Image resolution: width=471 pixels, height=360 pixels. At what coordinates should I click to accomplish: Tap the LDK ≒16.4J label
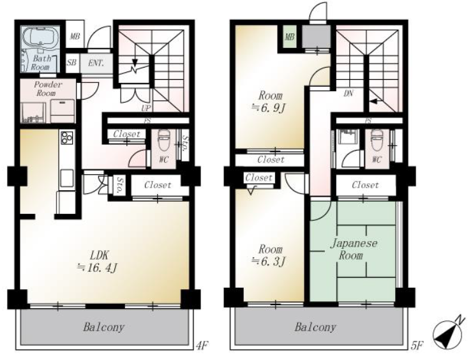coord(98,262)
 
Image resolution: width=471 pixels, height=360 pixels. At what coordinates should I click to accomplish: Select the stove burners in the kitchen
coord(67,137)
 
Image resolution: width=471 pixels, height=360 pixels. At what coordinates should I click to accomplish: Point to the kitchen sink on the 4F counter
coord(66,178)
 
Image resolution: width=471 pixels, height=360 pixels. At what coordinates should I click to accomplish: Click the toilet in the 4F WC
coord(163,140)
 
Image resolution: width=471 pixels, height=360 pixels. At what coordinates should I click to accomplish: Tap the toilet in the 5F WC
coord(377,140)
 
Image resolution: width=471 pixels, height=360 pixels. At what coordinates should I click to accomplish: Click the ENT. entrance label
coord(96,63)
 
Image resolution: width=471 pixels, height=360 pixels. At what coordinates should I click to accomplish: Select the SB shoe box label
coord(71,63)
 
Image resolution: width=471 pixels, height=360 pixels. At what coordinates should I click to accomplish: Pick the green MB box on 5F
coord(289,37)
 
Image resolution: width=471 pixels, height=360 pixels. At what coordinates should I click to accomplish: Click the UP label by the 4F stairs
coord(146,108)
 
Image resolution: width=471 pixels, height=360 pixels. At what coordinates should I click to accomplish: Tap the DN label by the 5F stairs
coord(348,93)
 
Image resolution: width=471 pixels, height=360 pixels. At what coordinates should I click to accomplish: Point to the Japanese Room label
coord(354,249)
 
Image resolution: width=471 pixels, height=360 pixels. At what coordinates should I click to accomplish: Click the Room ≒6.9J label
coord(269,102)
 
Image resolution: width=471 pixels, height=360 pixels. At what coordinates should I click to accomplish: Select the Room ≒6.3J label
coord(269,255)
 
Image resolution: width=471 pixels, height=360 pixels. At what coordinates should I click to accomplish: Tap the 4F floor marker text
coord(202,345)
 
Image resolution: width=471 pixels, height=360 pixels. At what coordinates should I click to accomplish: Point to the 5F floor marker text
coord(417,345)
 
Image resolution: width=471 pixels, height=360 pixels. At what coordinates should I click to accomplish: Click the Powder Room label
coord(47,89)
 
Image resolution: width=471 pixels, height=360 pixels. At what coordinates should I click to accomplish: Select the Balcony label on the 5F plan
coord(315,327)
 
